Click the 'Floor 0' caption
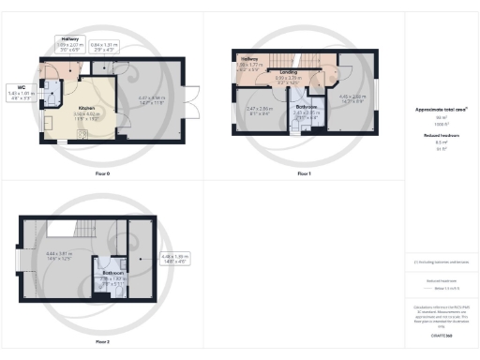tap(100, 173)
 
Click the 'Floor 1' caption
tap(303, 173)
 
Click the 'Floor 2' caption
tap(100, 341)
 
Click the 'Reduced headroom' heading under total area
tap(442, 135)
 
